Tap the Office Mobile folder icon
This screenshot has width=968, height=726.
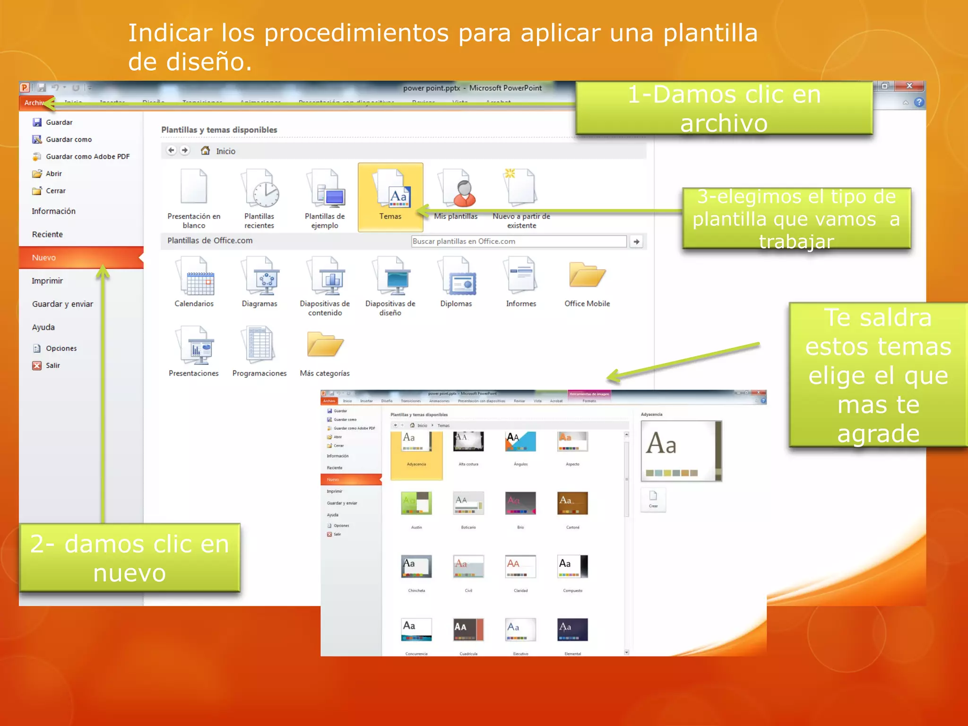point(587,275)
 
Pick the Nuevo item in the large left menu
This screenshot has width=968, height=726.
point(44,258)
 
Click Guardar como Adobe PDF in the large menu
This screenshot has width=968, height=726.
point(87,156)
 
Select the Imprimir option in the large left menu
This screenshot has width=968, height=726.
point(47,281)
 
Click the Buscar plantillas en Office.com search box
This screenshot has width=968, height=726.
point(519,242)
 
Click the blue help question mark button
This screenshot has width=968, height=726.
point(919,103)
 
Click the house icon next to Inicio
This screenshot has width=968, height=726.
point(205,151)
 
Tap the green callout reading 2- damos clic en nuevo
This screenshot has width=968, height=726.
point(130,558)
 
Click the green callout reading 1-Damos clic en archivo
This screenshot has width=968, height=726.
point(724,108)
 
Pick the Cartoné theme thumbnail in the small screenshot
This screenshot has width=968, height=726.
point(572,503)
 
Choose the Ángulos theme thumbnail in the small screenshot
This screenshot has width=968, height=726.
point(520,441)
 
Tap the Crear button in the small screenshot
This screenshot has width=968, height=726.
point(653,499)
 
